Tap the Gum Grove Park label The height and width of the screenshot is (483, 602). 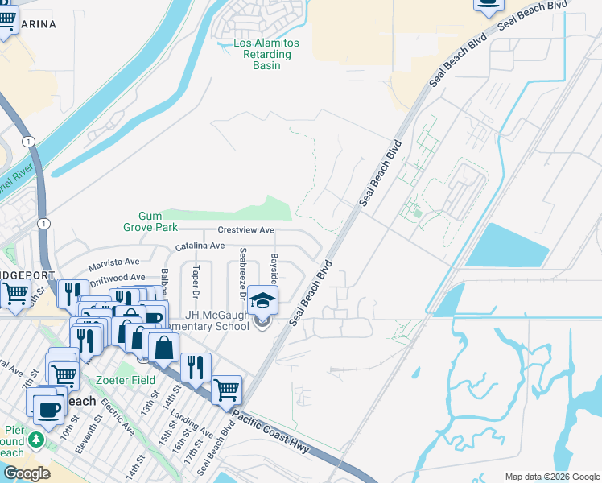tap(150, 221)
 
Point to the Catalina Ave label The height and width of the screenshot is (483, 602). tap(200, 246)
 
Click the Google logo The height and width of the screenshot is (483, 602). tap(27, 473)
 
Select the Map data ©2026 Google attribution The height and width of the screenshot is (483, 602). tap(551, 477)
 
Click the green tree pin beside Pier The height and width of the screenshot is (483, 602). tap(35, 440)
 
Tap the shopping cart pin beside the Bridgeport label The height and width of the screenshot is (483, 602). tap(15, 295)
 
